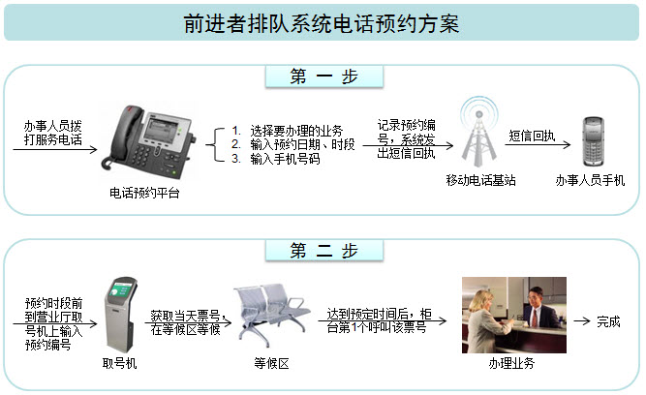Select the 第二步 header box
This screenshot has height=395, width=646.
[323, 251]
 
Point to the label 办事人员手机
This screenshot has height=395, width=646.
[590, 181]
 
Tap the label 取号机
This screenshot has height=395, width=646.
[120, 364]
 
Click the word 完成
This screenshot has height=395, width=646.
[608, 321]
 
